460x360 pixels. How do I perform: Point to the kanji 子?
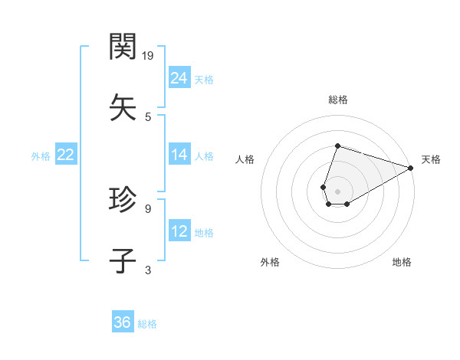click(x=123, y=260)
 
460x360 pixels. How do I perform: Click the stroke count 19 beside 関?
click(x=149, y=55)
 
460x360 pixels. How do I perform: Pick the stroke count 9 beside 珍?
click(x=148, y=207)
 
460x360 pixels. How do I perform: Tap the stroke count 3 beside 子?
click(x=148, y=269)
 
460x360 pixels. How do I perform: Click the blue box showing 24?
click(x=179, y=78)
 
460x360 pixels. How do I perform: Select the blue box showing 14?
click(x=179, y=155)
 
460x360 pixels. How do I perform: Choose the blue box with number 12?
click(x=179, y=231)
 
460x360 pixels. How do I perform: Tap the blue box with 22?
click(x=65, y=155)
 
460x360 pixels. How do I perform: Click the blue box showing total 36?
click(x=123, y=322)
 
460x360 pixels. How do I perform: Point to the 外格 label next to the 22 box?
click(x=41, y=156)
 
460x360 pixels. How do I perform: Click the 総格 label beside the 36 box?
click(x=147, y=324)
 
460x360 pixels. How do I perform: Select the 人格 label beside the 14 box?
click(x=204, y=156)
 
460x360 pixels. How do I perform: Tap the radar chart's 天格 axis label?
click(x=431, y=159)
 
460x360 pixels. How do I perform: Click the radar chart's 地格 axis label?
click(x=402, y=262)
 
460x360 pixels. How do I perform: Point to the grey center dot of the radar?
click(x=337, y=191)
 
